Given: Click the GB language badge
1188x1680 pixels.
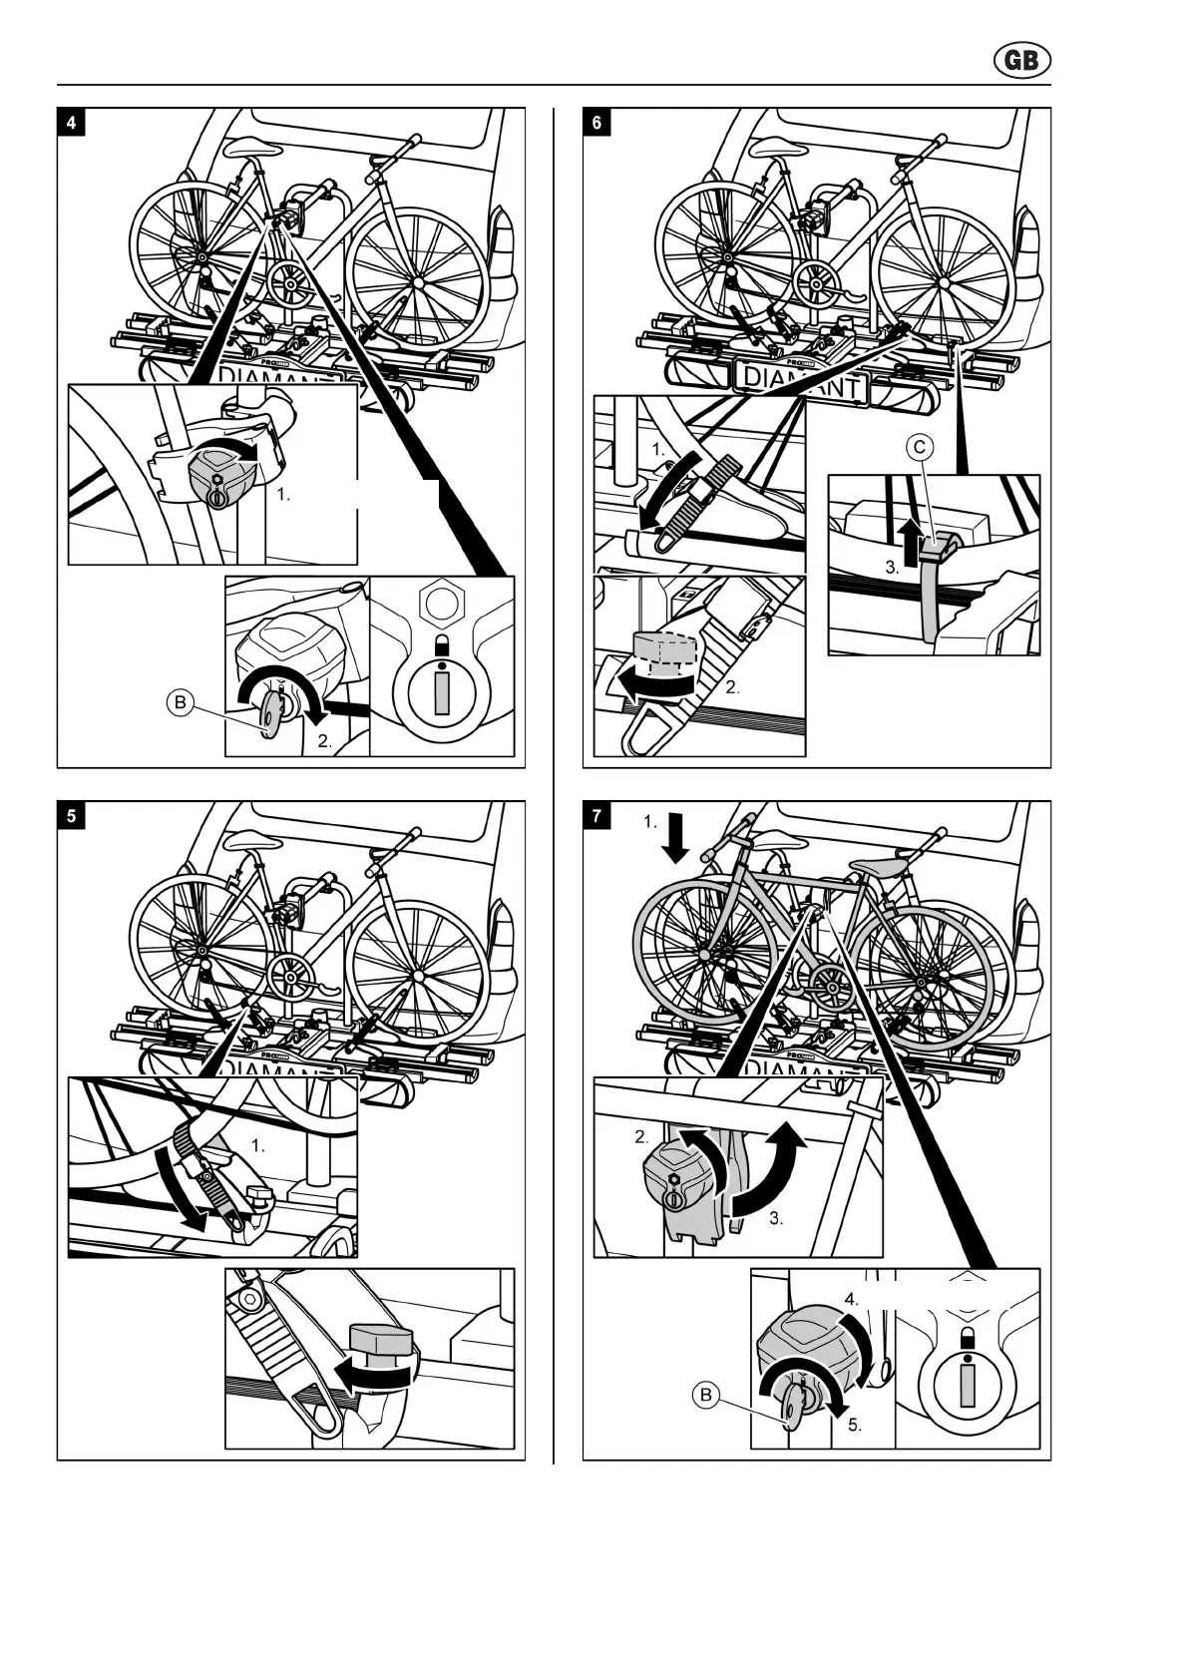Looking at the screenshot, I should pos(1021,61).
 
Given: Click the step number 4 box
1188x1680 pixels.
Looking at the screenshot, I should pos(71,123).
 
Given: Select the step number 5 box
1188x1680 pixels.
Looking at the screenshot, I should pos(71,815).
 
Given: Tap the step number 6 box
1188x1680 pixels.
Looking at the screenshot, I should pos(596,123).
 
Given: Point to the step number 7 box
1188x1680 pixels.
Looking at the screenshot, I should pos(596,815).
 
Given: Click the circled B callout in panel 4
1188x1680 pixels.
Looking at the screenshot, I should pos(180,703).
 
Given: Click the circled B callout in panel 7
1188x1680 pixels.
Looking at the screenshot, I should pos(706,1395).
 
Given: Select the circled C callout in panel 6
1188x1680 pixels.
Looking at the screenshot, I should pos(920,448).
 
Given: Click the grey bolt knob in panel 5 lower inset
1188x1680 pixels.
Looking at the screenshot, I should pos(379,1338).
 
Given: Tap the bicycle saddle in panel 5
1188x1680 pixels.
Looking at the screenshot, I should pos(247,839).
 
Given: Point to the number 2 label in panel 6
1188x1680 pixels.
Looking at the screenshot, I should pos(733,687).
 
